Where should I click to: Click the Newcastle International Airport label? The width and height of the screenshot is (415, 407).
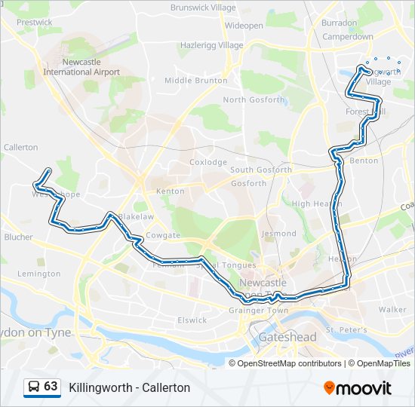pos(81,67)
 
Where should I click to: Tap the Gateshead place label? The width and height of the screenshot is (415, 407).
pos(287,337)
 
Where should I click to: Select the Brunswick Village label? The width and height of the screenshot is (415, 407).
pos(203,8)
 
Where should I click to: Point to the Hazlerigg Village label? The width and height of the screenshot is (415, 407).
pos(211,45)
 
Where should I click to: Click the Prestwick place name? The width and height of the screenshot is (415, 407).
pos(35,23)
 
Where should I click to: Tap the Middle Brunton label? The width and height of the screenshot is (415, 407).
pos(195,80)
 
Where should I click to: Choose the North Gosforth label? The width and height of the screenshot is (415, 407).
pos(254,99)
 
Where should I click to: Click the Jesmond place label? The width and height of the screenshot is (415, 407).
pos(278,234)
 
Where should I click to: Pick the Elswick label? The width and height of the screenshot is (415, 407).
pos(192,320)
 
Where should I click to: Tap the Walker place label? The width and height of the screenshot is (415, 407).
pos(392,310)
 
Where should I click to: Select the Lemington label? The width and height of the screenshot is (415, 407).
pos(38,274)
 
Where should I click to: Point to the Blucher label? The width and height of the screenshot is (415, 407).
pos(19,237)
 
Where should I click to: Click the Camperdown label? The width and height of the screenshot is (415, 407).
pos(348,36)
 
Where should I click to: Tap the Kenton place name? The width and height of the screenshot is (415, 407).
pos(170,191)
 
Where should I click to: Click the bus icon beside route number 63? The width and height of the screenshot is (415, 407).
pos(33,387)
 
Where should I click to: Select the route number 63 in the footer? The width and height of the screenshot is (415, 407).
pos(51,387)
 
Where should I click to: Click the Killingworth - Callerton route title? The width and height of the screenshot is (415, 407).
pos(129,387)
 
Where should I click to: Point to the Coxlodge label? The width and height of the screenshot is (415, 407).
pos(208,162)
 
